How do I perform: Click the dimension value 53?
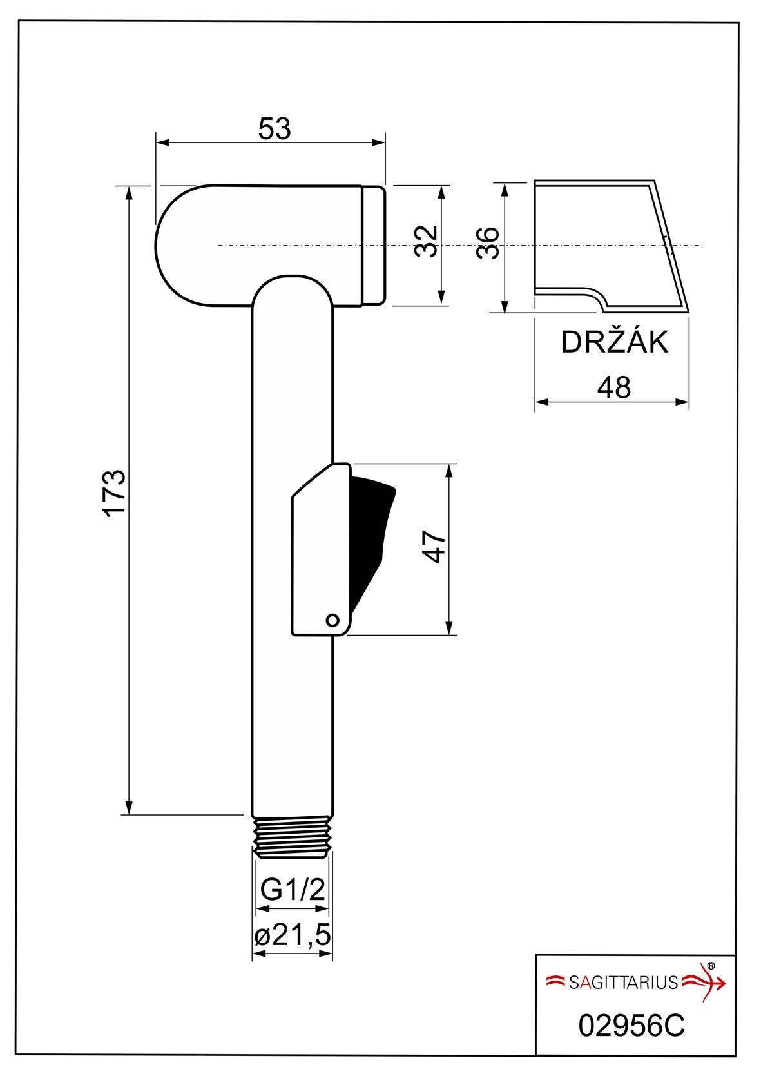pos(275,129)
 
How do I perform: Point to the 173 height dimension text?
pos(115,493)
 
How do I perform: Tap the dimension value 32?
pos(427,242)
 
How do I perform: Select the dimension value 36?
pos(488,243)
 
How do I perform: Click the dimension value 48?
pos(613,387)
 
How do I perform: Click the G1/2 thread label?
pos(293,890)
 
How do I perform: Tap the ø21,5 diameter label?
pos(293,934)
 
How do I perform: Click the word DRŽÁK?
pos(615,342)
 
